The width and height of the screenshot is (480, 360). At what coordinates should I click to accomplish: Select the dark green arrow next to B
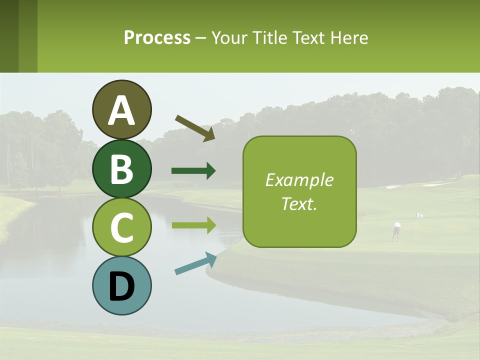pyautogui.click(x=193, y=171)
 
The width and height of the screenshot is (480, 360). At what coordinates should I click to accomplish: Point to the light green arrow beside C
pyautogui.click(x=193, y=225)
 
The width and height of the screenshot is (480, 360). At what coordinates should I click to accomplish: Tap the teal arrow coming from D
pyautogui.click(x=195, y=263)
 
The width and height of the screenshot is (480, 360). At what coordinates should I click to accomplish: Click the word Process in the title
pyautogui.click(x=157, y=38)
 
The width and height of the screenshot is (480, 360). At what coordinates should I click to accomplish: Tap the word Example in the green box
pyautogui.click(x=299, y=180)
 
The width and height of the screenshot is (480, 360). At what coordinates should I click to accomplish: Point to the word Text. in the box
pyautogui.click(x=299, y=203)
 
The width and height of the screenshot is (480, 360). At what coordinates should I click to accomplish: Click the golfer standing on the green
pyautogui.click(x=396, y=231)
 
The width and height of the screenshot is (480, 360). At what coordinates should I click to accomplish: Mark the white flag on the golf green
pyautogui.click(x=419, y=215)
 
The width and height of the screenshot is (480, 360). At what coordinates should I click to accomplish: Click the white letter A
pyautogui.click(x=121, y=111)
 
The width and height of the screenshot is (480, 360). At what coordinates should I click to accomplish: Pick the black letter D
pyautogui.click(x=121, y=287)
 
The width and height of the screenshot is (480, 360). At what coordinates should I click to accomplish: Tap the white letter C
pyautogui.click(x=121, y=228)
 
